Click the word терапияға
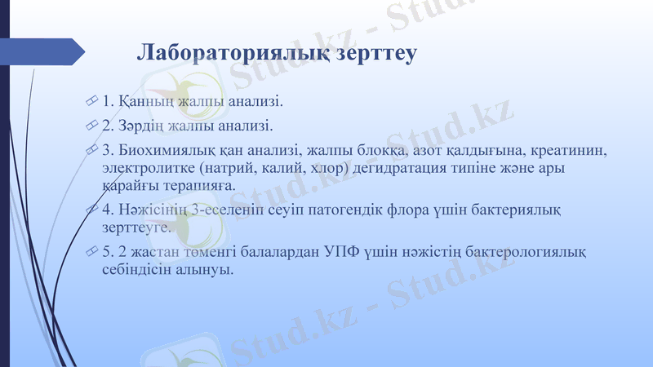pos(197,185)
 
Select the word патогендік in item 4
pos(350,210)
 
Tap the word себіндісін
pos(138,269)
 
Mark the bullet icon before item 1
pos(91,103)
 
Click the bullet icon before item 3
pos(91,151)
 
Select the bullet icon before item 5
pos(91,252)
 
